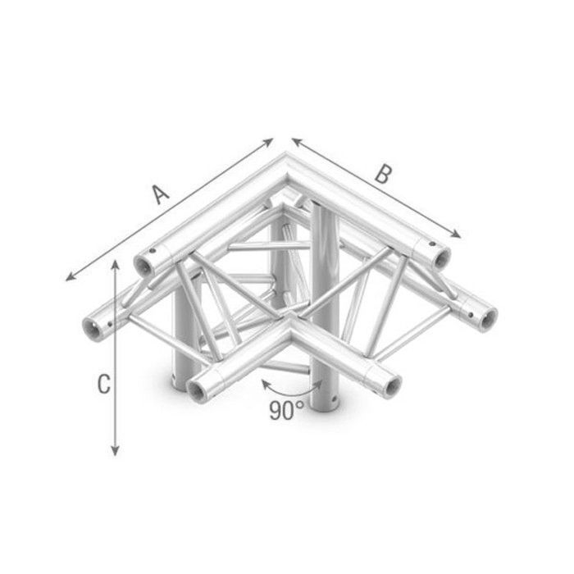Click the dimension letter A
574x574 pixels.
(x=161, y=194)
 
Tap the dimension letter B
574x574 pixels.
(x=383, y=174)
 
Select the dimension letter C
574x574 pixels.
(x=103, y=384)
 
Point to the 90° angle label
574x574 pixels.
(x=287, y=410)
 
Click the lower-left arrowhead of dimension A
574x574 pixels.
(x=70, y=277)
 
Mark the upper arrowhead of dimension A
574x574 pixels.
(x=269, y=142)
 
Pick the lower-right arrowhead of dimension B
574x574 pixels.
(x=456, y=234)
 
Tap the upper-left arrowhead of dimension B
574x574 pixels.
(x=297, y=141)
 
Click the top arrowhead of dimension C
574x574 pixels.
(x=116, y=265)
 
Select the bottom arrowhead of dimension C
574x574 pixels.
(x=116, y=451)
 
